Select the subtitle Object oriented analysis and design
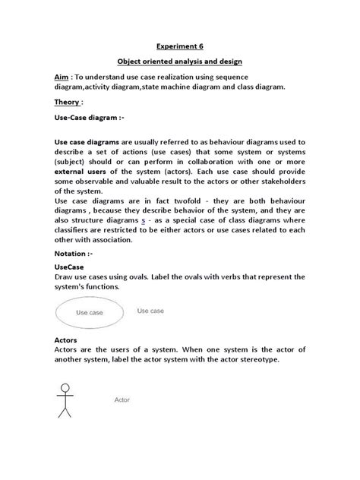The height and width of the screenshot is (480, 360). (179, 62)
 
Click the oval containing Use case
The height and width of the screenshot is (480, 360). (91, 312)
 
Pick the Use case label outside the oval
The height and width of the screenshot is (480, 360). (150, 311)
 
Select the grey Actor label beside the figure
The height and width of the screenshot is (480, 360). (122, 399)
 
